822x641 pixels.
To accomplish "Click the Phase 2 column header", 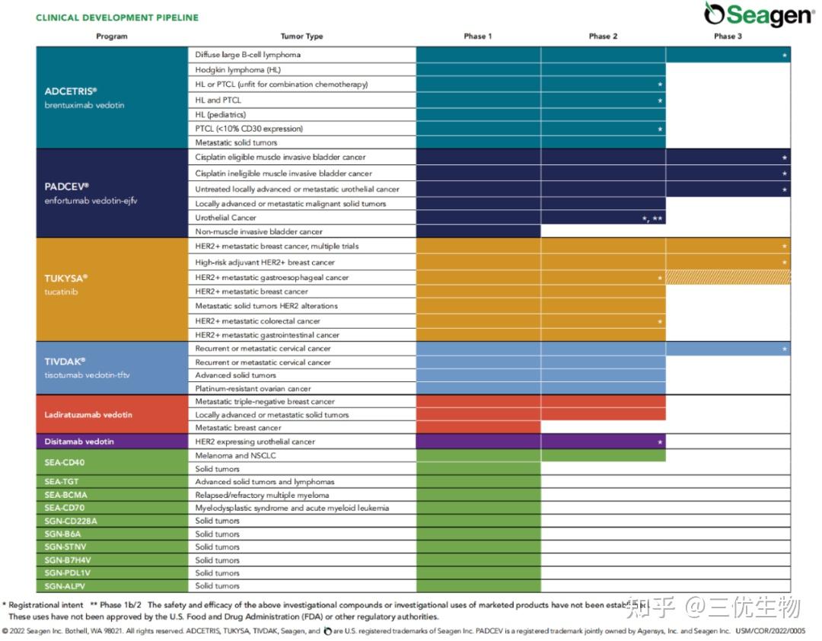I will (603, 37).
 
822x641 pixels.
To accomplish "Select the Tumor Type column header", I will (301, 37).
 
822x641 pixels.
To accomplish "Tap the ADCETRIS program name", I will (71, 91).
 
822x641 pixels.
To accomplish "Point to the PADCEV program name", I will (67, 187).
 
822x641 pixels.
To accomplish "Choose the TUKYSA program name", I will (66, 279).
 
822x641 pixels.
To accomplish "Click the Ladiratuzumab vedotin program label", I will (88, 415).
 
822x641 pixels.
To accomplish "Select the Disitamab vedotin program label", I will (80, 442).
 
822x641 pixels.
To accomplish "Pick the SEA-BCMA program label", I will (65, 495).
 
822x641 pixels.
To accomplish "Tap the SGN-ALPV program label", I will (65, 586).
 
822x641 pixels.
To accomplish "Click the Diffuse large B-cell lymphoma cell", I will (247, 55).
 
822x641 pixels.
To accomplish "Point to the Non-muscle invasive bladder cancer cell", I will (259, 231).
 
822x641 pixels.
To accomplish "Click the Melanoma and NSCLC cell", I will (235, 456).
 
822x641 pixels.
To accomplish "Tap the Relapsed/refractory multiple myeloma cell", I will (263, 495).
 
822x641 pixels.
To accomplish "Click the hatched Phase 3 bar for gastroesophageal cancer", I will (728, 278).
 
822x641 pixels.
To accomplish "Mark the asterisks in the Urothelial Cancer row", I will (652, 218).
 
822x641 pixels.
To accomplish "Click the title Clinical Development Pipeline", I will (117, 18).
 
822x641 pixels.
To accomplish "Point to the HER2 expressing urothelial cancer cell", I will (255, 442).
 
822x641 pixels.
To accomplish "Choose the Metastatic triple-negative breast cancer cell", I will (265, 401).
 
